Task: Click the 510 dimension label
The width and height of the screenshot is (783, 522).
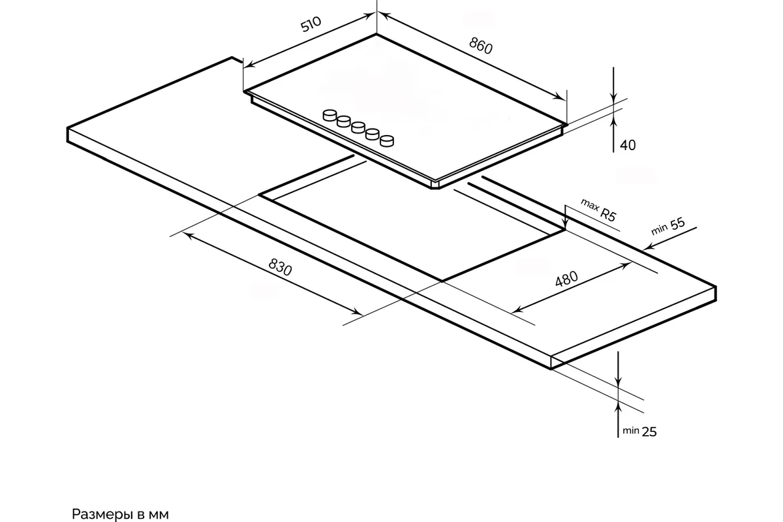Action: (311, 24)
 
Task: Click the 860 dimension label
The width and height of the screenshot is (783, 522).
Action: (481, 46)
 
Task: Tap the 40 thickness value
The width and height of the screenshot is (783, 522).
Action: (628, 145)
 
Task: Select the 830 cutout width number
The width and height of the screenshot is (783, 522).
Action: (280, 267)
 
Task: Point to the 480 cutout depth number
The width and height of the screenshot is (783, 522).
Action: (566, 279)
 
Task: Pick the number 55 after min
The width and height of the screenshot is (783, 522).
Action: (677, 224)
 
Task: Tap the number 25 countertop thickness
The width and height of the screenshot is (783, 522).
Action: (649, 432)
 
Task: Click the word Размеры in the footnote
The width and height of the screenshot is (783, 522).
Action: (102, 514)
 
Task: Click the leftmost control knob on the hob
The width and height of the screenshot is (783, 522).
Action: (330, 115)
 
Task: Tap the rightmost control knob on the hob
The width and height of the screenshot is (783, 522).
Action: (387, 140)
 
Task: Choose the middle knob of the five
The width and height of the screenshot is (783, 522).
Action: (358, 128)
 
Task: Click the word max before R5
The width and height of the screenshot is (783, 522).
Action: (590, 204)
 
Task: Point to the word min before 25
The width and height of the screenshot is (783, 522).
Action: (631, 431)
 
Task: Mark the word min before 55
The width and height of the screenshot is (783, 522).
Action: (659, 230)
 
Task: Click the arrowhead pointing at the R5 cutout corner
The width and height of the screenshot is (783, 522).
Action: (565, 224)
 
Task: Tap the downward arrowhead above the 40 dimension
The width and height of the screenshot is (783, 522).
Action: (613, 98)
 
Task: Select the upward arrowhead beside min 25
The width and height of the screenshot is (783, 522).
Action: (619, 408)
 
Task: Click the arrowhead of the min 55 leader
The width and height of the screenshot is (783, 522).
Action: (649, 247)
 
